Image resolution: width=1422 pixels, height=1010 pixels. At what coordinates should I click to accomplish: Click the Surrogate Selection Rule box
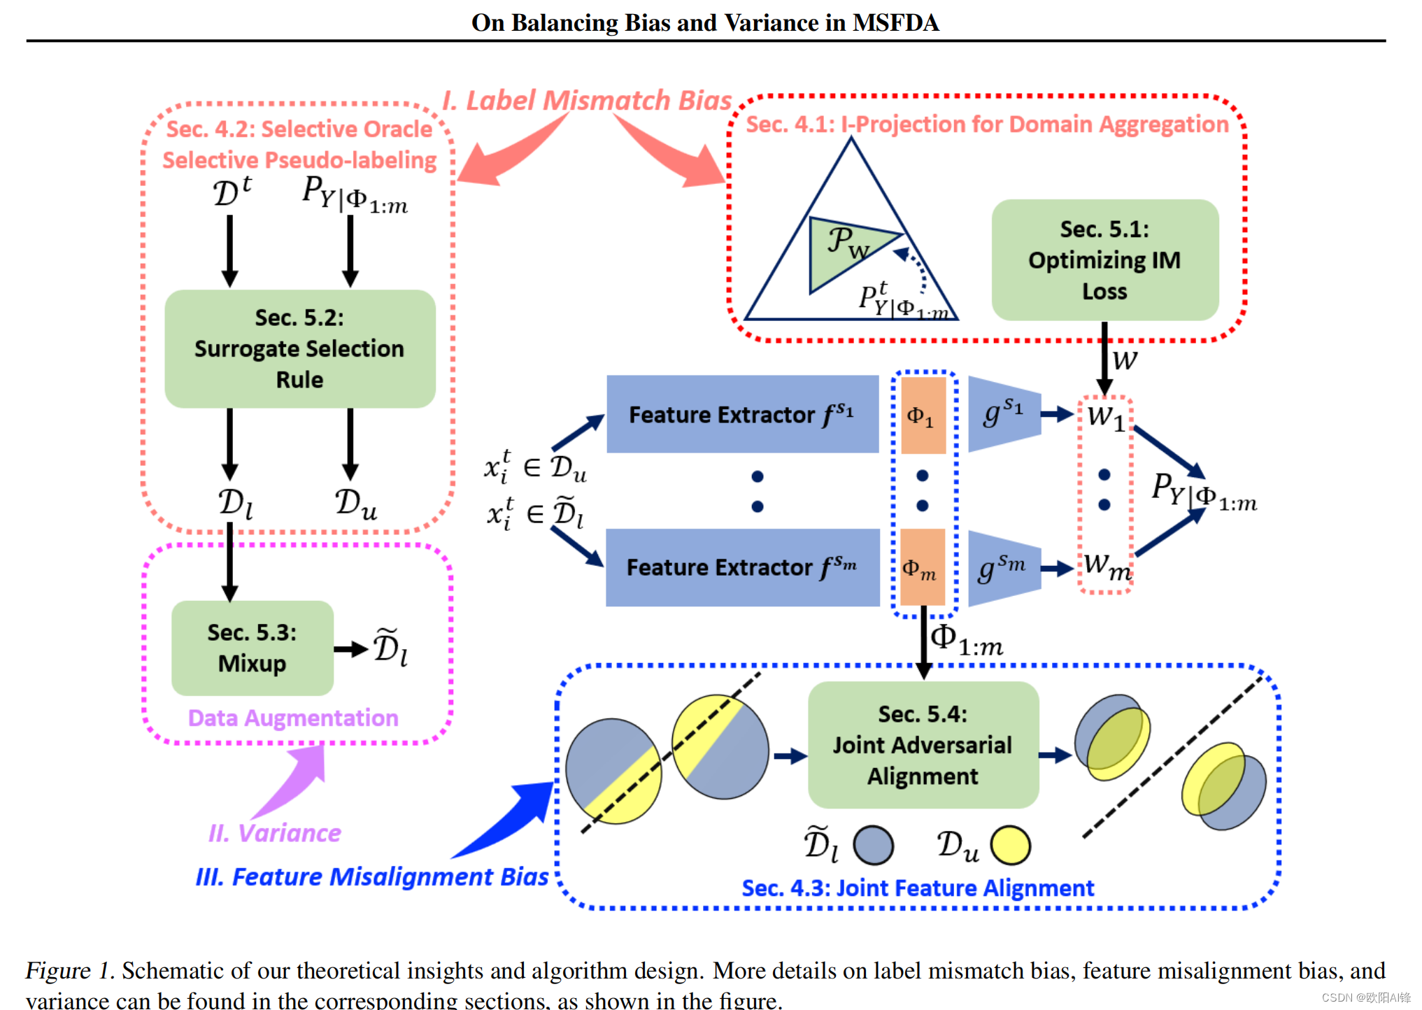[x=299, y=348]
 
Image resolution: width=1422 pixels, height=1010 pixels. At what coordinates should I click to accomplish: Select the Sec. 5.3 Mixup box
[x=252, y=648]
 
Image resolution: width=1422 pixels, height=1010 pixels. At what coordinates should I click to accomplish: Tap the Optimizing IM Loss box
[x=1104, y=260]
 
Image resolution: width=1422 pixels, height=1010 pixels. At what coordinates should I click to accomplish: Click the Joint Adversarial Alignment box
[x=923, y=745]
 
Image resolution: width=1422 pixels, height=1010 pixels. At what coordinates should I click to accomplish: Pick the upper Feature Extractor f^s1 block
[x=742, y=414]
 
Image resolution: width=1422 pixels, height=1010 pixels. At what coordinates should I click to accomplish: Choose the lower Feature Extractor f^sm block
[x=742, y=567]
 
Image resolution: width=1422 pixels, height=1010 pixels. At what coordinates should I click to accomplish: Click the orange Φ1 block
[x=923, y=415]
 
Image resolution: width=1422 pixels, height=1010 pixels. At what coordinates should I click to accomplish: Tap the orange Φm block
[x=922, y=567]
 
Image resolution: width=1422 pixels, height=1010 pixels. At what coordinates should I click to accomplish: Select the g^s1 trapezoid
[x=1003, y=413]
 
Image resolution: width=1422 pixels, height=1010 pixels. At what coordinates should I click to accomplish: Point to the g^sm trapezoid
[x=1003, y=567]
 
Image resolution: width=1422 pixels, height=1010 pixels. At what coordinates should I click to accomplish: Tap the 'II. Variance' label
[x=274, y=833]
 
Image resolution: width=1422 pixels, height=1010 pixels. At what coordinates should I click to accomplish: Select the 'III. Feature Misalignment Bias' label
[x=371, y=876]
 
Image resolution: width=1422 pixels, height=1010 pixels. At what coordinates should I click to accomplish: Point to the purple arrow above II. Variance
[x=294, y=780]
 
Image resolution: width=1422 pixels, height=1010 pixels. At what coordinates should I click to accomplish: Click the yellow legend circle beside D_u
[x=1010, y=845]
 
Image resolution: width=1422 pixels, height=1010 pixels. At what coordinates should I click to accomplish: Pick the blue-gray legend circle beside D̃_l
[x=873, y=845]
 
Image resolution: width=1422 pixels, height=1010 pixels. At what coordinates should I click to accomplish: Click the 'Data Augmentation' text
[x=292, y=718]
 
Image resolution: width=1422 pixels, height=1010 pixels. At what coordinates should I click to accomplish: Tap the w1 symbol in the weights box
[x=1105, y=417]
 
